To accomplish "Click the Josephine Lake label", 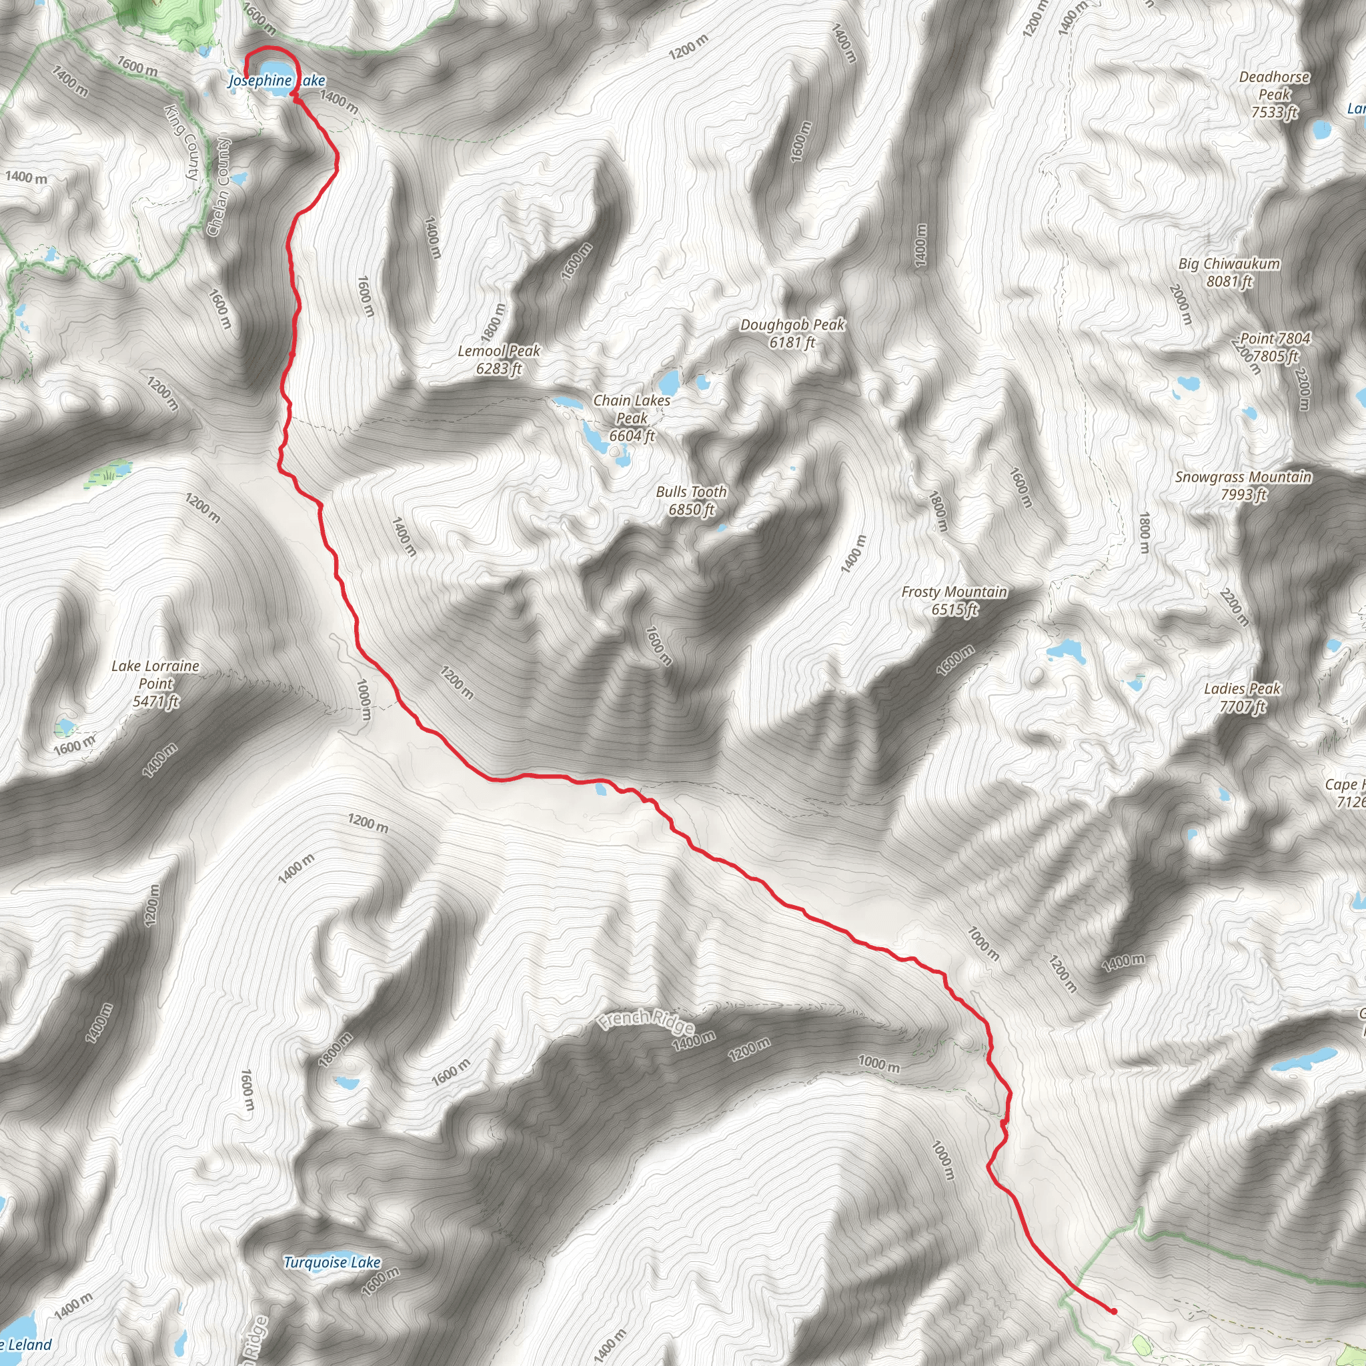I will [x=275, y=81].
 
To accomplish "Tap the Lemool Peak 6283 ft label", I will [x=498, y=360].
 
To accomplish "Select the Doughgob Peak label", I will [x=792, y=333].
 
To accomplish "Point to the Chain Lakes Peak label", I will [x=632, y=418].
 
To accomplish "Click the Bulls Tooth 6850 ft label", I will [x=691, y=500].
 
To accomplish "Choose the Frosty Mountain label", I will [x=954, y=600].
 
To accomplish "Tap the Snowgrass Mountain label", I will [x=1243, y=485].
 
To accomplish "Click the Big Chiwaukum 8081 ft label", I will [x=1229, y=272].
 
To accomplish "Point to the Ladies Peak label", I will [x=1242, y=696].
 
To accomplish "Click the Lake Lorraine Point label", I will [x=155, y=683].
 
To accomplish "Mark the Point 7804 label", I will [x=1275, y=346].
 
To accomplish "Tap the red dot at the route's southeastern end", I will [x=1115, y=1311].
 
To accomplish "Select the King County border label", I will [x=182, y=141].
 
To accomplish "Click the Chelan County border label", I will [x=219, y=187].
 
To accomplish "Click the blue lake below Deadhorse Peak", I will [x=1321, y=129].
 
